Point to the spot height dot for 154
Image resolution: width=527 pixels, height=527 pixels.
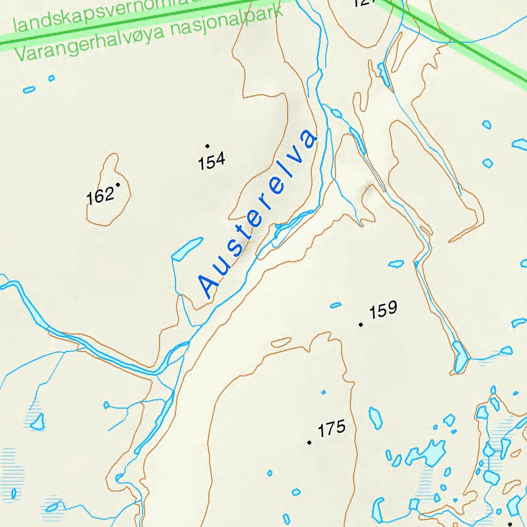(x=207, y=146)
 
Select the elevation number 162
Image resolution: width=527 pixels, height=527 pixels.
(x=100, y=196)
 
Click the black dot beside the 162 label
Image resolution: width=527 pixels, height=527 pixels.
(x=118, y=185)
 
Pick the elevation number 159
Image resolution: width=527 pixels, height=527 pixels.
(x=383, y=310)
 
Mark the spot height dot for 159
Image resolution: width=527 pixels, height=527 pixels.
(x=361, y=325)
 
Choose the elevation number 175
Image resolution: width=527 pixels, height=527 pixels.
(x=331, y=429)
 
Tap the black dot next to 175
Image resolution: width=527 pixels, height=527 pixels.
(x=309, y=443)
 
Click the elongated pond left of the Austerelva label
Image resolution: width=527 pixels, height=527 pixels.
(x=186, y=249)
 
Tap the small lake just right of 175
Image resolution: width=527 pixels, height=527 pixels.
(x=376, y=417)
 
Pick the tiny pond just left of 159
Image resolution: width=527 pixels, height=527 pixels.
(x=336, y=305)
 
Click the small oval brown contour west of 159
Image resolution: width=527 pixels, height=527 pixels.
(x=282, y=342)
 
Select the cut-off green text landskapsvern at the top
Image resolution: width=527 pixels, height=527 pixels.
(x=103, y=15)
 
